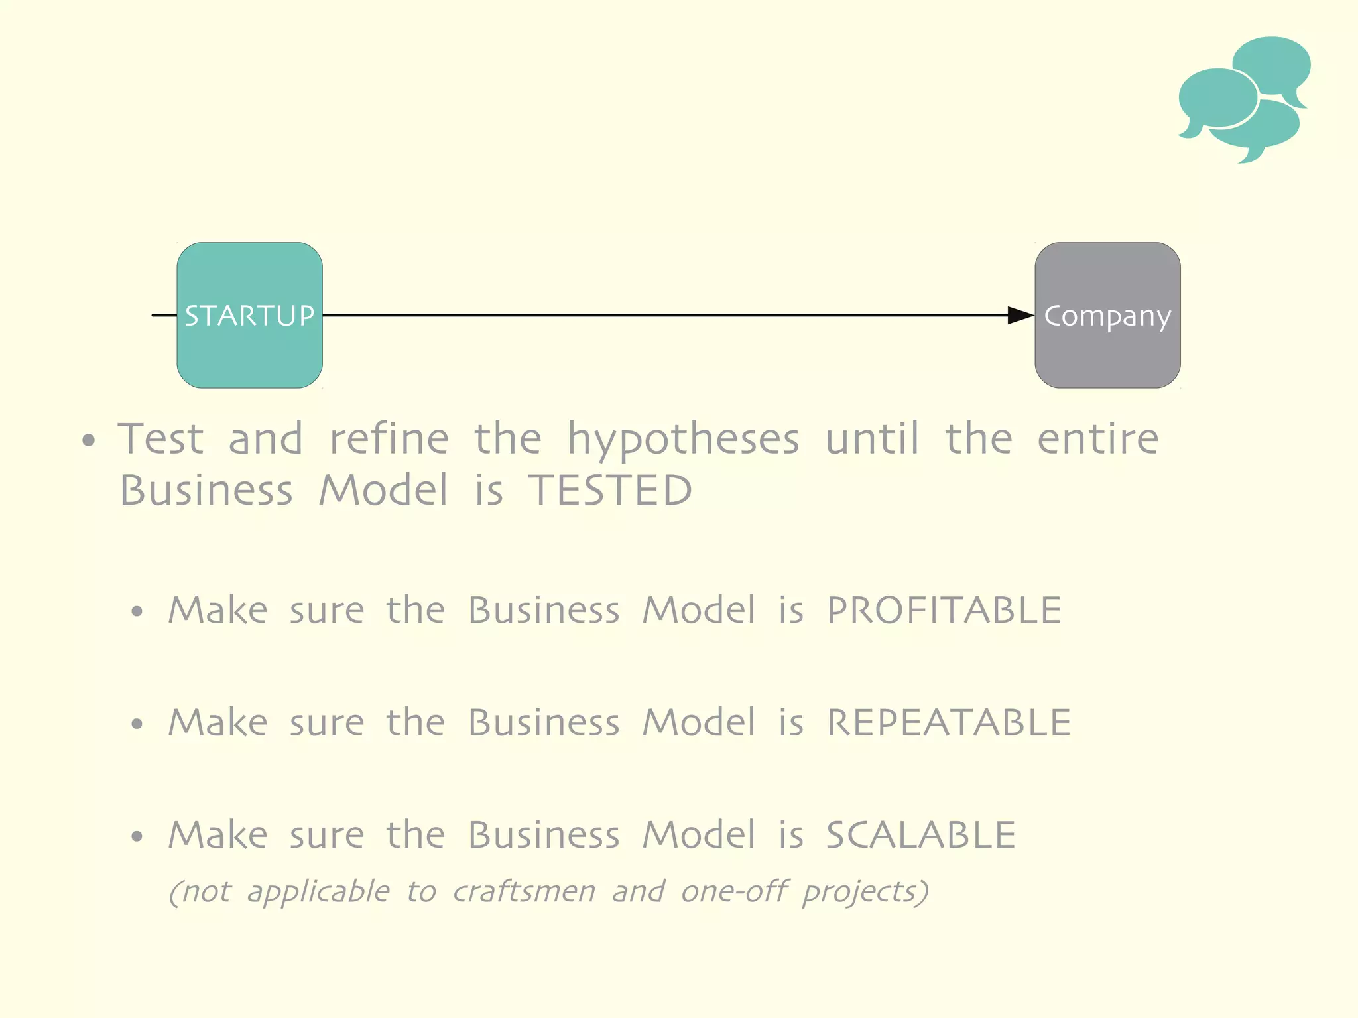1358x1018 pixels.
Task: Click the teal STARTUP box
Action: tap(249, 315)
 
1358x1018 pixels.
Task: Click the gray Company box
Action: tap(1107, 315)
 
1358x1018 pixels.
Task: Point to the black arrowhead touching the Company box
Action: tap(1020, 316)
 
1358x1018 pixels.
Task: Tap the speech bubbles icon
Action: tap(1244, 99)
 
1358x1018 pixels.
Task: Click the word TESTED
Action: tap(610, 491)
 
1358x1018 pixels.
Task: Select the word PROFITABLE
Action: tap(944, 610)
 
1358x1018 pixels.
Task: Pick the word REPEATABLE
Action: tap(948, 722)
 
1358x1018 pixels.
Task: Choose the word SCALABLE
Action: tap(920, 834)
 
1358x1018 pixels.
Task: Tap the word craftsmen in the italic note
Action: tap(524, 891)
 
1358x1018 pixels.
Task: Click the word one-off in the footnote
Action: tap(734, 891)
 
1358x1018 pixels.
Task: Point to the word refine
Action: tap(389, 439)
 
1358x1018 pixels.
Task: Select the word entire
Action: tap(1097, 439)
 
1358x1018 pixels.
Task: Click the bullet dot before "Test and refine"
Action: tap(89, 440)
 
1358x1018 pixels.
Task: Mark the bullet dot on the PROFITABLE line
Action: tap(137, 611)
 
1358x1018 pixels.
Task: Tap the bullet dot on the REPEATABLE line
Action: tap(137, 724)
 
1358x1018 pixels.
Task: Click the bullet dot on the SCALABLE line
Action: tap(137, 836)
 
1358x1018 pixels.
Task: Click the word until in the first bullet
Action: tap(872, 439)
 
